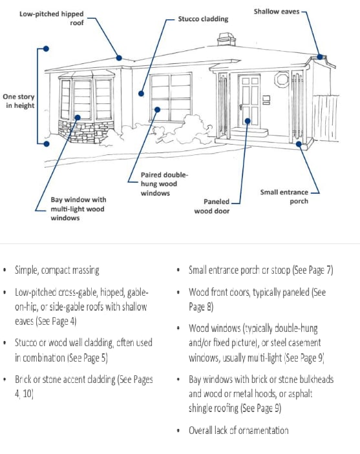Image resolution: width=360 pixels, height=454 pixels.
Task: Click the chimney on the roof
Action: point(226,39)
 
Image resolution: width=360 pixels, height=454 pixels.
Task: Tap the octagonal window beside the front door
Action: point(282,79)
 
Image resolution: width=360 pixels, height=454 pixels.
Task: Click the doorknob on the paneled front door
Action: point(241,107)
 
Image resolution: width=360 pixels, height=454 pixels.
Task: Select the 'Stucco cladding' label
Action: point(203,19)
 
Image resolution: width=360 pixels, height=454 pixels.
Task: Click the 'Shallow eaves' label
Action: point(277,12)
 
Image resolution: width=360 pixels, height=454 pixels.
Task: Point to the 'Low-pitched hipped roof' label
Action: point(52,18)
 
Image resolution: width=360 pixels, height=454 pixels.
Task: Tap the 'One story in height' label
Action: point(19,101)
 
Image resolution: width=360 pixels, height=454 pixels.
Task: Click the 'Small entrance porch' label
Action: point(284,196)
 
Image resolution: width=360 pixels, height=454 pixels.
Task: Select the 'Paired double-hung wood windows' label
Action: point(164,184)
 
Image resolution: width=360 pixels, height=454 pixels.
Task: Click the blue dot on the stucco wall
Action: point(141,94)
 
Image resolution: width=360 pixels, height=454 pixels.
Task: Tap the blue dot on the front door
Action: point(248,121)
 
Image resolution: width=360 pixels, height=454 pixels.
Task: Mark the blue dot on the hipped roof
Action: point(119,58)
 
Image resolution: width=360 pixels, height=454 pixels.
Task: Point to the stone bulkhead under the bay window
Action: point(87,132)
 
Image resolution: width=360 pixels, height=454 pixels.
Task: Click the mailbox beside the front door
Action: point(266,100)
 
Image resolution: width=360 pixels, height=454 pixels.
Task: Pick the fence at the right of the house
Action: point(325,118)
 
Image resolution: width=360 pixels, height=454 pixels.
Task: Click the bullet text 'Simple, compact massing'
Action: point(57,270)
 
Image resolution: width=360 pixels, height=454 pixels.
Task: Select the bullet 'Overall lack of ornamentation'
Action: point(238,430)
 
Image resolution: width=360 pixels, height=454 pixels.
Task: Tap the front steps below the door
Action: point(249,134)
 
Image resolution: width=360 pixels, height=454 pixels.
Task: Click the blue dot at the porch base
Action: point(299,144)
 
